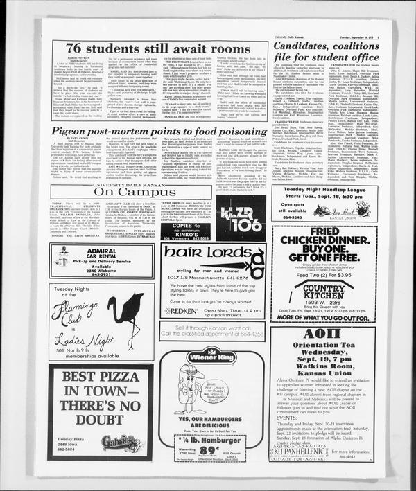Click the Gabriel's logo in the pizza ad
tap(120, 443)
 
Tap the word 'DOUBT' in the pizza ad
tap(92, 418)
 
